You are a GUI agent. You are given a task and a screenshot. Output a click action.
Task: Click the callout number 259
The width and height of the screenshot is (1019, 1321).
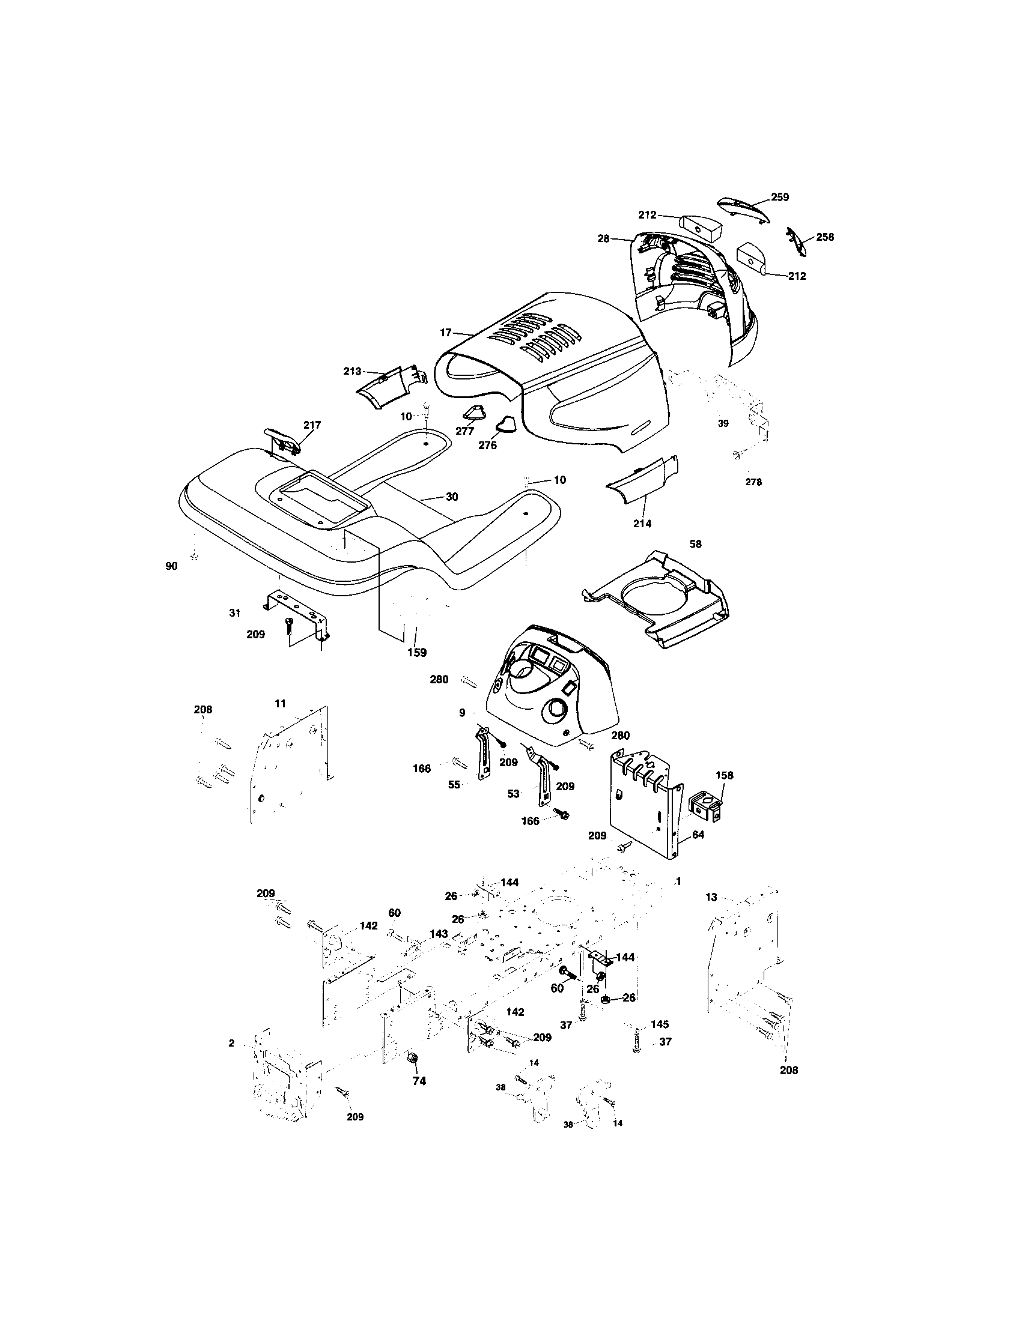[780, 196]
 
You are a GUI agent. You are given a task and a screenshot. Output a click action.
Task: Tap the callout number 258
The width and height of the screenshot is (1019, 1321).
[824, 237]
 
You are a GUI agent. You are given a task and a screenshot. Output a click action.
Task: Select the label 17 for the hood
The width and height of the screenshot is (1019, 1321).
[446, 332]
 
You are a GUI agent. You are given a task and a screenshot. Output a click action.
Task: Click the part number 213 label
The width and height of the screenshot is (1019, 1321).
[352, 370]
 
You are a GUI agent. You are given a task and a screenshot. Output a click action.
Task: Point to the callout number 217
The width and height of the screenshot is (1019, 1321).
[312, 425]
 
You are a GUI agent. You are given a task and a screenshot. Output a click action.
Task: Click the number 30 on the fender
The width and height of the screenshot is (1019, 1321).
[451, 497]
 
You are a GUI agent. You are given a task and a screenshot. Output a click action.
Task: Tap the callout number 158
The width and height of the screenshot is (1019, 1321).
[724, 775]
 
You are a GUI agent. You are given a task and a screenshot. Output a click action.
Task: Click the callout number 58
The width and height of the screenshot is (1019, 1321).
[695, 544]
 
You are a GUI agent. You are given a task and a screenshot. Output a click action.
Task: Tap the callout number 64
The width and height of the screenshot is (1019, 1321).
[698, 835]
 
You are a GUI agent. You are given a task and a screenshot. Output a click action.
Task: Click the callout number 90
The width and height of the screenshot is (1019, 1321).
[171, 566]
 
